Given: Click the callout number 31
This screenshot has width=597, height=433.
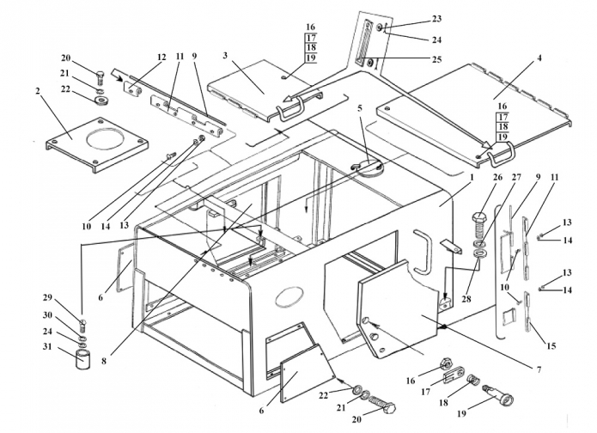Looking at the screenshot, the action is [x=49, y=347].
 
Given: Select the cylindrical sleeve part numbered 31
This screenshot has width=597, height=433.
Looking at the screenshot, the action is [x=84, y=359].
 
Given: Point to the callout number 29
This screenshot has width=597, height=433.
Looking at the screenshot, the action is [x=47, y=297].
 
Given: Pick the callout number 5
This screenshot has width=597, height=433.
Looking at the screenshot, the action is [x=360, y=107].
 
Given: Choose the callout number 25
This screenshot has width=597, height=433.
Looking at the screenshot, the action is [x=436, y=59].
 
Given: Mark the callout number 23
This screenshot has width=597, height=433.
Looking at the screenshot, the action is [x=436, y=19].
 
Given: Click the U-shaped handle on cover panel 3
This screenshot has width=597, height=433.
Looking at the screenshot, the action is [x=291, y=108].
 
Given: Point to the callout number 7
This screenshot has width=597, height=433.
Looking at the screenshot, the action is [x=539, y=369].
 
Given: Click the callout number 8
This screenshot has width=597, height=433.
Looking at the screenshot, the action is [x=104, y=360].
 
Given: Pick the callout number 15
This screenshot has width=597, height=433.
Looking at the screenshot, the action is [x=551, y=345].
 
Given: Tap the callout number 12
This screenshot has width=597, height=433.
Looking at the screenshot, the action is [x=161, y=57].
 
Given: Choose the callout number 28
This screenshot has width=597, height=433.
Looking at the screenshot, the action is [x=466, y=299].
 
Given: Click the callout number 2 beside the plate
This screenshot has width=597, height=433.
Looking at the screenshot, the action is [x=38, y=91].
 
